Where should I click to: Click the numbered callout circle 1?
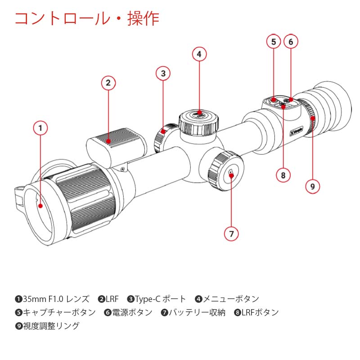coord(40,129)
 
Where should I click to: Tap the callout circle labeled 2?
coord(108,83)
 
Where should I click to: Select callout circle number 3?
coord(163,73)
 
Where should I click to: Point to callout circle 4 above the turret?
coord(199,54)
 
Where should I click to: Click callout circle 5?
coord(273,42)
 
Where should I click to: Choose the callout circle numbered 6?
coord(291,42)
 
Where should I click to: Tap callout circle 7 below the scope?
coord(231,234)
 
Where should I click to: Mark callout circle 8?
coord(283,175)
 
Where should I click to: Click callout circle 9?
coord(313,186)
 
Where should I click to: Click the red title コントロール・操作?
coord(87,19)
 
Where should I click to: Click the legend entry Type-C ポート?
coord(160,299)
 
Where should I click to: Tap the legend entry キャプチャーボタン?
coord(59,312)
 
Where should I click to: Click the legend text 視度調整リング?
coord(51,326)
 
